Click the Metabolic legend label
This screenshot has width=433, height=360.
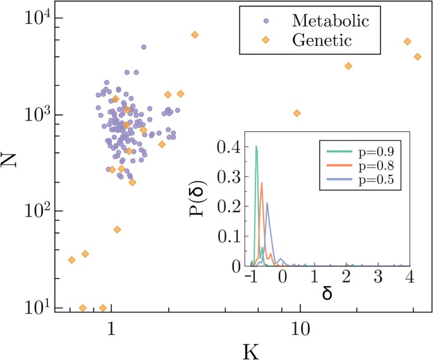(x=332, y=20)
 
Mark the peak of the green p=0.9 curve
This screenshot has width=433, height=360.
(x=256, y=147)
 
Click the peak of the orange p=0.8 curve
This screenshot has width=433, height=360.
(x=262, y=183)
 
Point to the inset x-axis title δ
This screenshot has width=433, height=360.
(x=327, y=294)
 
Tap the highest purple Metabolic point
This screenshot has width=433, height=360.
(x=143, y=47)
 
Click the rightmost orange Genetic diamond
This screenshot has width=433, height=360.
(x=417, y=57)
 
